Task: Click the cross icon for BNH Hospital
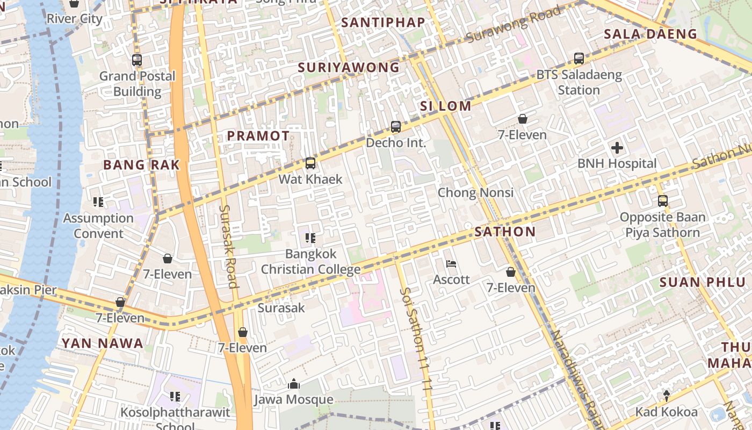617,147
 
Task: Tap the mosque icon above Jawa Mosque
293,384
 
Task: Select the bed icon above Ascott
451,264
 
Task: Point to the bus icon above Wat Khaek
310,163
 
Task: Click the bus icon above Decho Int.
396,127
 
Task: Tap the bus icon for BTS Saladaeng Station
579,59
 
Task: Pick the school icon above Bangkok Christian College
310,238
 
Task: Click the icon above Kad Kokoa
666,396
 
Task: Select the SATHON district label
505,232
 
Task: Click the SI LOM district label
446,106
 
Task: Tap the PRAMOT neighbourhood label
258,136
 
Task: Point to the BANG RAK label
141,165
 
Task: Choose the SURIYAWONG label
349,68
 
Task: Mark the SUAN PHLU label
695,282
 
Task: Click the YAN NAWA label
102,343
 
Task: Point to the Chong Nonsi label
475,192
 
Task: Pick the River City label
74,19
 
